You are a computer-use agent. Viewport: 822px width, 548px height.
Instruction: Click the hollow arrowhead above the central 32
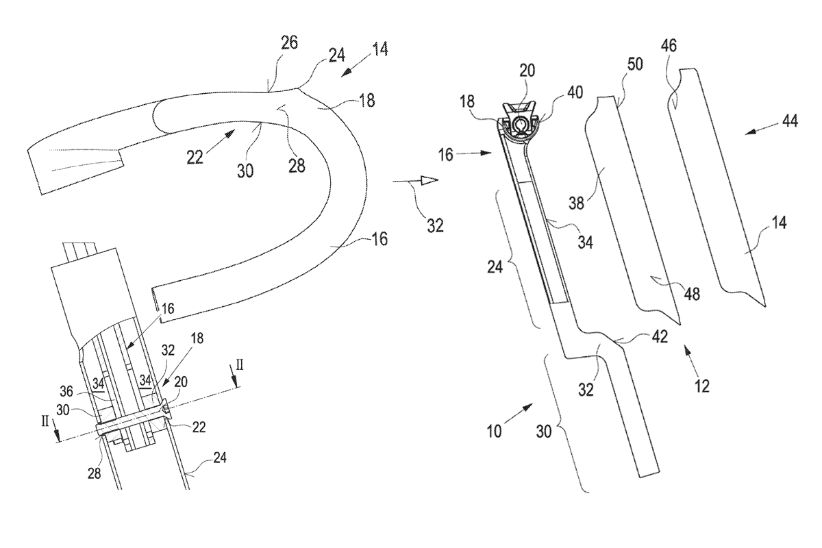tap(428, 179)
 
